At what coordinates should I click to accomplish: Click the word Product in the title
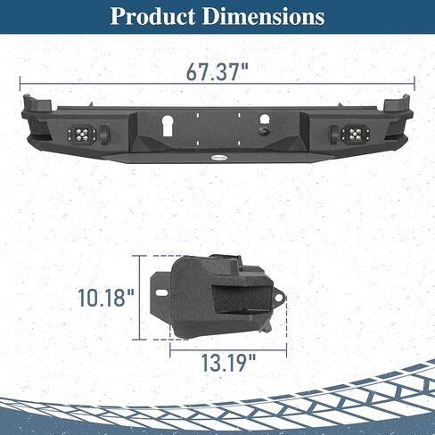(x=152, y=17)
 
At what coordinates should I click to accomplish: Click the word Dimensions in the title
(x=264, y=17)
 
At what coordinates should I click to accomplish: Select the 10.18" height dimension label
(x=106, y=298)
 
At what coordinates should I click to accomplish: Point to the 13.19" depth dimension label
(x=228, y=363)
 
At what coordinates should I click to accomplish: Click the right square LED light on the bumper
(x=353, y=135)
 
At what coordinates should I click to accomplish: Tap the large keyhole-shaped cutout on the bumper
(x=168, y=126)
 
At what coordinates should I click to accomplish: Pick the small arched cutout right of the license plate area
(x=265, y=119)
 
